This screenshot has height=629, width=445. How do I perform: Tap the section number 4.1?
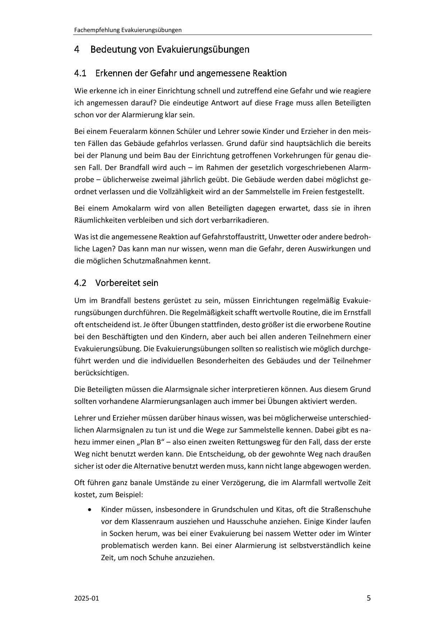click(x=80, y=74)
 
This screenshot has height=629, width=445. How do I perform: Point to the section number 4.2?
click(x=80, y=283)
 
